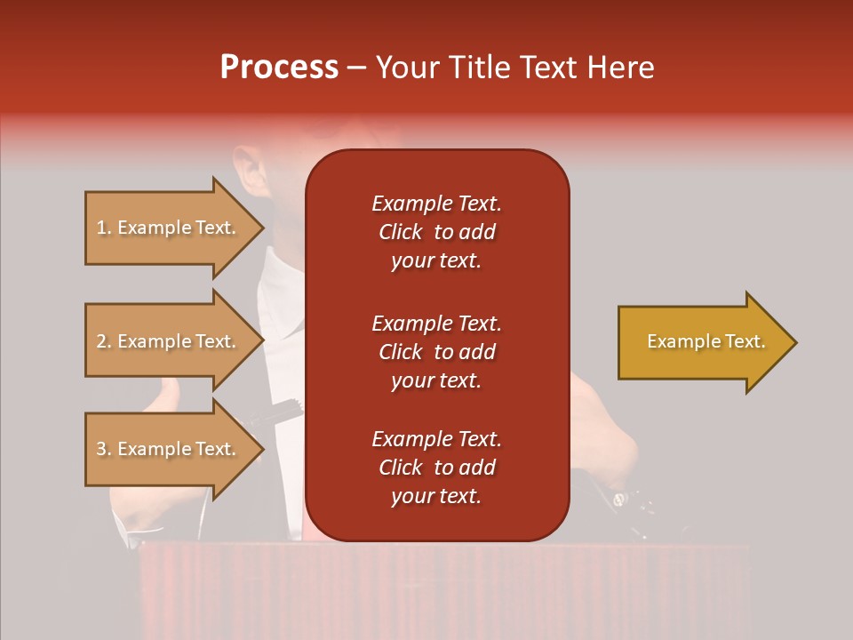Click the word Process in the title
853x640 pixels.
tap(279, 68)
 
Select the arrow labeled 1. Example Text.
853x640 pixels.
tap(169, 228)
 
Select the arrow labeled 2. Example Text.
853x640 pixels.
tap(169, 341)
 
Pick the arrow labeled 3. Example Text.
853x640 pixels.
tap(169, 449)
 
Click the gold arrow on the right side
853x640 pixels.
tap(702, 342)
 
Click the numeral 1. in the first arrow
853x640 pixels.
tap(104, 228)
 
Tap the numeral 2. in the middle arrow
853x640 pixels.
tap(104, 341)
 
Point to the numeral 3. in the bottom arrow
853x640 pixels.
tap(104, 449)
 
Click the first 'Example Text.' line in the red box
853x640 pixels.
tap(436, 204)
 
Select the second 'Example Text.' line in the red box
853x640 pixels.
tap(436, 323)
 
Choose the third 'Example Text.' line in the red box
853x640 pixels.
tap(436, 439)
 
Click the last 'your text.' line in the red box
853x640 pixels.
tap(436, 496)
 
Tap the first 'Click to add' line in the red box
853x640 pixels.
tap(436, 232)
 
